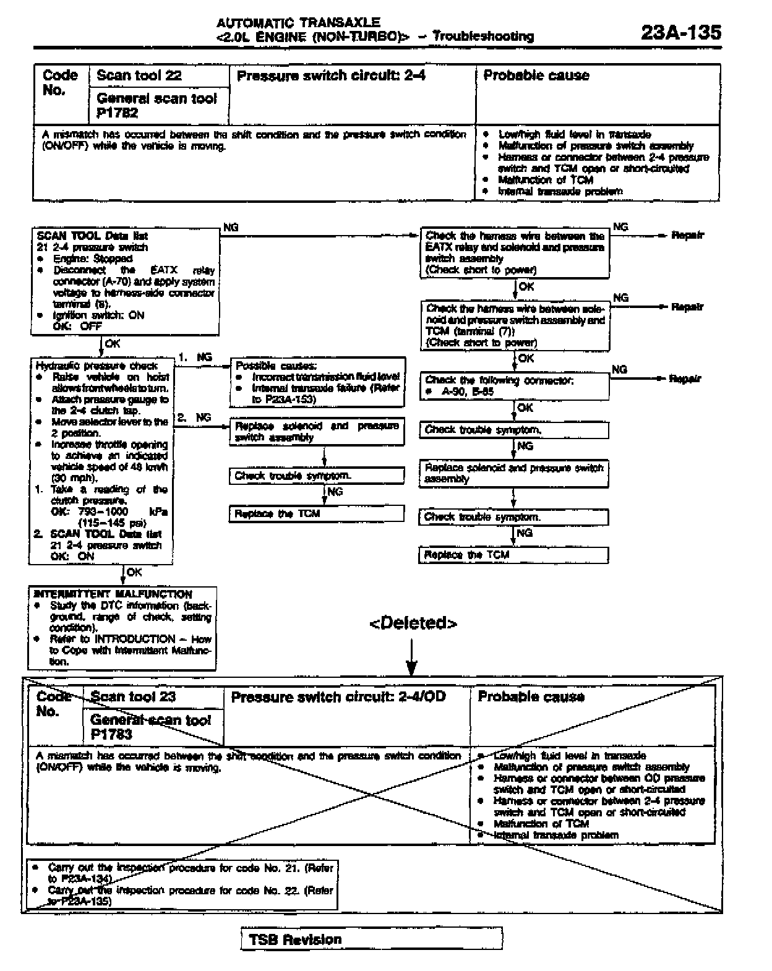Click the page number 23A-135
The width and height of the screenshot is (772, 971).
click(x=680, y=32)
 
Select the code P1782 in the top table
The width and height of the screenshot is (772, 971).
click(x=117, y=113)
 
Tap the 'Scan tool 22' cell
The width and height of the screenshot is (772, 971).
click(x=139, y=75)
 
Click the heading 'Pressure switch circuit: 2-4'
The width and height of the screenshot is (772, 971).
click(x=331, y=75)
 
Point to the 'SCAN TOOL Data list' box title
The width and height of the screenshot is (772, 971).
click(x=92, y=236)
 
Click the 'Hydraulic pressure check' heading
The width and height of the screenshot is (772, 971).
click(x=96, y=366)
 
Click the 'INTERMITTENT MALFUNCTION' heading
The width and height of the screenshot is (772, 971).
click(x=113, y=594)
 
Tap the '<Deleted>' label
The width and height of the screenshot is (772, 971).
click(x=413, y=623)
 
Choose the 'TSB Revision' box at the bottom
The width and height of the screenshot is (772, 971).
click(x=371, y=939)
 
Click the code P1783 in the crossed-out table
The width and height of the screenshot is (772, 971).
click(x=111, y=734)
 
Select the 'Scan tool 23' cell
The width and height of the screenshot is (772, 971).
click(x=133, y=697)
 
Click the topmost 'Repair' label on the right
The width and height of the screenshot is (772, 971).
click(x=687, y=236)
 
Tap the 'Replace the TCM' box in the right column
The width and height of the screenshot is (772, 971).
click(x=513, y=555)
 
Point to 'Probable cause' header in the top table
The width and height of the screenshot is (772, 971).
click(x=536, y=75)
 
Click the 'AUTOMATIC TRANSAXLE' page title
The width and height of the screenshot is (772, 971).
click(x=298, y=23)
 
